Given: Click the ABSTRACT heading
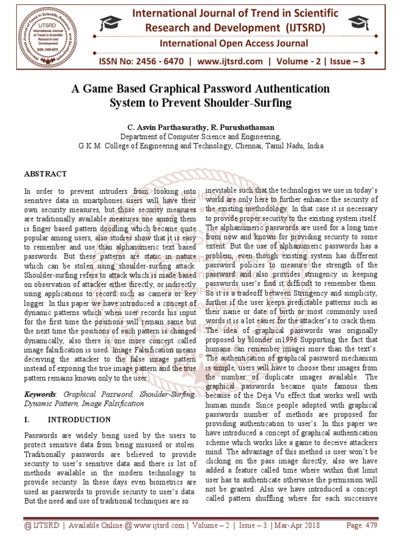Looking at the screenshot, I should click(x=46, y=174).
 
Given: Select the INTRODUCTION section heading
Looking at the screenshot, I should click(x=79, y=420).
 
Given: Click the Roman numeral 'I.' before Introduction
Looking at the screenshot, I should click(x=28, y=420).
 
